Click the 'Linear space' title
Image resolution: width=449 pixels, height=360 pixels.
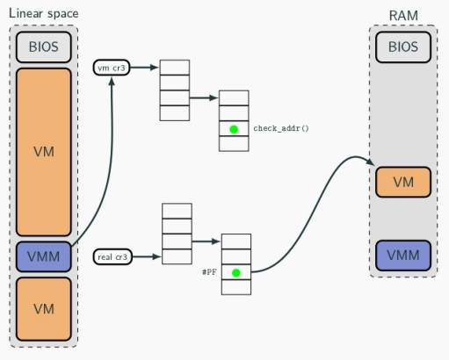(44, 14)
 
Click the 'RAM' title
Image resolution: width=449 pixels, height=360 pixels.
(403, 16)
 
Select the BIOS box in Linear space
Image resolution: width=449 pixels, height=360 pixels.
(44, 47)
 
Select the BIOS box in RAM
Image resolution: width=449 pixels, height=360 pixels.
(403, 47)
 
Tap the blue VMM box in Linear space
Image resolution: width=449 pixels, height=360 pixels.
(44, 256)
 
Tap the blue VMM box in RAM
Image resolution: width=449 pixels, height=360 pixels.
(403, 256)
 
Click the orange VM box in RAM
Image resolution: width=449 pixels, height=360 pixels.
(403, 182)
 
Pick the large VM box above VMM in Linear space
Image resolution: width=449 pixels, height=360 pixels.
(44, 152)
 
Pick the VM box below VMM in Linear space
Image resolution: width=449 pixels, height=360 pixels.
(44, 309)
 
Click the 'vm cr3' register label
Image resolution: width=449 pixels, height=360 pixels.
(112, 68)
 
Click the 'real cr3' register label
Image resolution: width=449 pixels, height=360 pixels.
(112, 257)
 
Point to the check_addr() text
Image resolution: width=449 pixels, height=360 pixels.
(281, 128)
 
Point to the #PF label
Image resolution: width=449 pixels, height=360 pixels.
(209, 272)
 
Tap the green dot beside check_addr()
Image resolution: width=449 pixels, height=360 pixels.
(234, 129)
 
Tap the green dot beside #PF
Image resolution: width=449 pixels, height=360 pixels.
(236, 273)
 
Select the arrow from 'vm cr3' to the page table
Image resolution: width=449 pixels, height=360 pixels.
(144, 68)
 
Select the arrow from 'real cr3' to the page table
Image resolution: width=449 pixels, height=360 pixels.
(147, 257)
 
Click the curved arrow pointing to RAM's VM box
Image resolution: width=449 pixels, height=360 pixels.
(315, 208)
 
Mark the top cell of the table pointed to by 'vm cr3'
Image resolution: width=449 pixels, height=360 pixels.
(175, 68)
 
